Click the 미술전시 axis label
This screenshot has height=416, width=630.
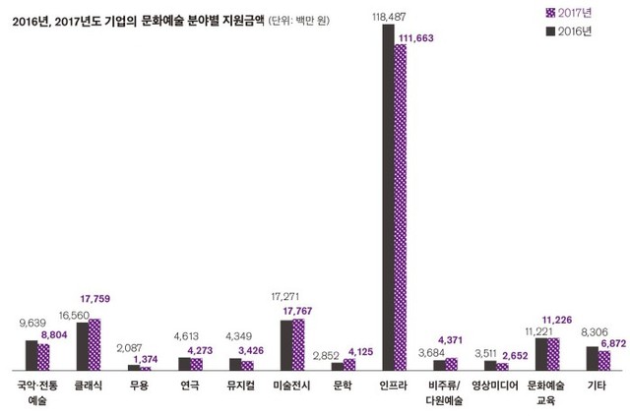coord(291,385)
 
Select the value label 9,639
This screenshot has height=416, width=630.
coord(32,322)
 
